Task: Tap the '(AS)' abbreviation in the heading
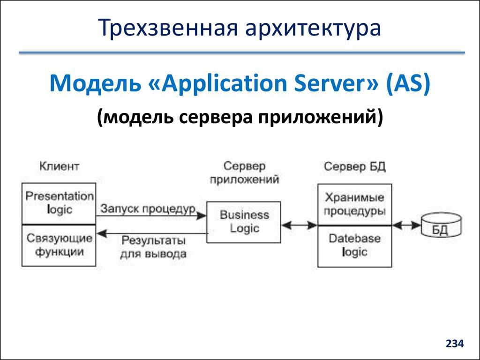pos(408,85)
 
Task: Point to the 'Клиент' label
pos(59,166)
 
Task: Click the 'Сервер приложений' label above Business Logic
pos(244,172)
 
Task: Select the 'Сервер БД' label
pos(355,167)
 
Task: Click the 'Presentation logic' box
pos(59,203)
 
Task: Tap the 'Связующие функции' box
pos(59,245)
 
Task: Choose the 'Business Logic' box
pos(244,222)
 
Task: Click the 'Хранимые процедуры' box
pos(355,204)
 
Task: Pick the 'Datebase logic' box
pos(355,246)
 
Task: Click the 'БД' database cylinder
pos(440,225)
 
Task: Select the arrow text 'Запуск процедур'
pos(148,209)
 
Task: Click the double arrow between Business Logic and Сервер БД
pos(300,225)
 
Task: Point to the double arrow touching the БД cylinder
pos(406,225)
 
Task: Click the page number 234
pos(454,344)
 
